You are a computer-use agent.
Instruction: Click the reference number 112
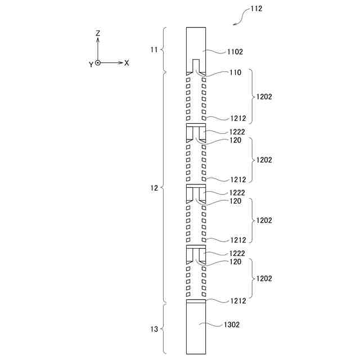[256, 9]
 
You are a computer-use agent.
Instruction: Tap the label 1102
[235, 52]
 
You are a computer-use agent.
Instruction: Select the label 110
[236, 73]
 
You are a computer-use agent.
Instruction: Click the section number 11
[154, 49]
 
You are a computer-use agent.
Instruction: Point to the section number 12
[154, 188]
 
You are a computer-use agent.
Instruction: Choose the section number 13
[154, 329]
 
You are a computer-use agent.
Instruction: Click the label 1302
[232, 325]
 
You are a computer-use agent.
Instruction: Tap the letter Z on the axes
[98, 33]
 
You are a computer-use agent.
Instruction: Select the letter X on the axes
[127, 63]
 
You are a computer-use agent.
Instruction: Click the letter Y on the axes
[91, 65]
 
